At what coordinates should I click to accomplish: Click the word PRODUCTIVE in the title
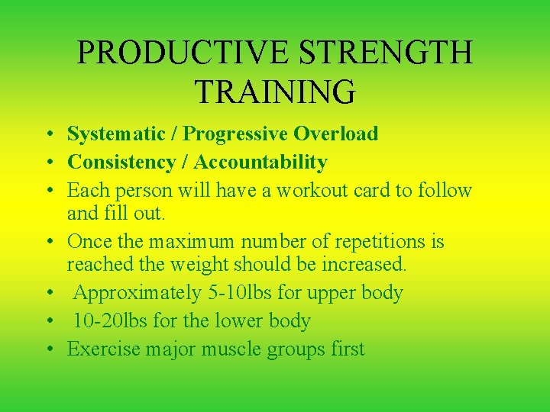tap(181, 53)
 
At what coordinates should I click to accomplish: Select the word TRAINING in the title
tap(275, 91)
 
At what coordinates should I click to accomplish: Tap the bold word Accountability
tap(260, 163)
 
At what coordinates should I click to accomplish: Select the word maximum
tap(192, 242)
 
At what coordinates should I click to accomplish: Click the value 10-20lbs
tap(111, 321)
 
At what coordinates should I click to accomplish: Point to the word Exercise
tap(103, 349)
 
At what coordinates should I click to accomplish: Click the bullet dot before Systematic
tap(48, 136)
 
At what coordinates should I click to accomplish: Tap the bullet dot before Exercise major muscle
tap(48, 351)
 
